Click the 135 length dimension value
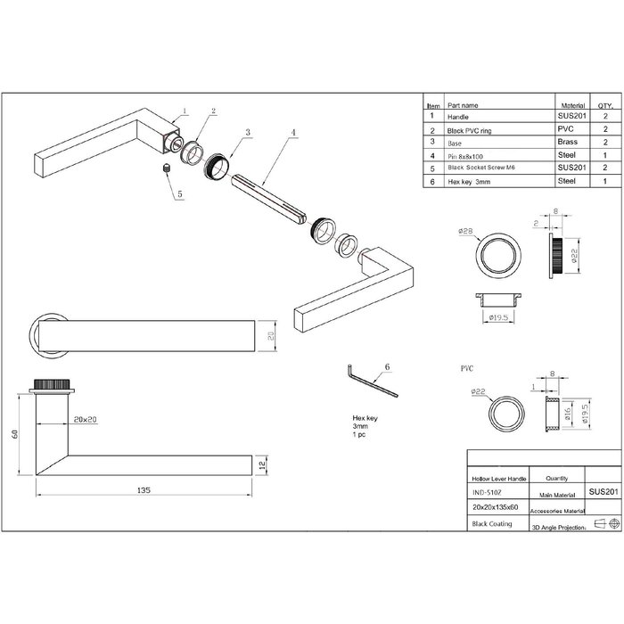144,489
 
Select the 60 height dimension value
15,434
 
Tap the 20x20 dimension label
86,418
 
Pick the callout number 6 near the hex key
387,366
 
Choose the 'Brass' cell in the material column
568,142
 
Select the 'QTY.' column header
603,103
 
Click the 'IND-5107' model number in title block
486,491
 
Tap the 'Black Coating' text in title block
491,524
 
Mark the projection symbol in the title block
603,523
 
